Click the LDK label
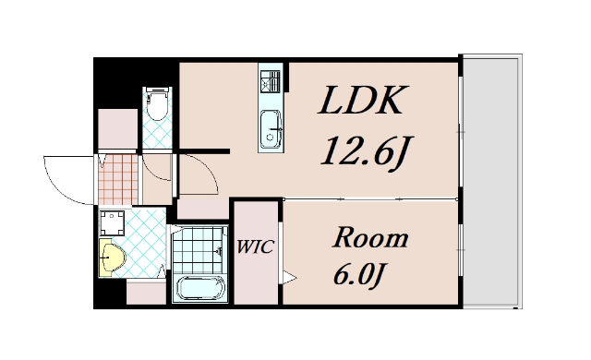363,100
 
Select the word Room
370,237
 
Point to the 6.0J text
359,275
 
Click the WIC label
255,247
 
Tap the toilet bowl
157,104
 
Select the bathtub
200,288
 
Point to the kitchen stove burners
271,81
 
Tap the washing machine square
112,223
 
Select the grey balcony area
492,182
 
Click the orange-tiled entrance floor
118,179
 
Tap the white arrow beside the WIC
289,278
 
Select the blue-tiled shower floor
197,249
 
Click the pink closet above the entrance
117,129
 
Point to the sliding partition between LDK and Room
370,199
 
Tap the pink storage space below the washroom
146,293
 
